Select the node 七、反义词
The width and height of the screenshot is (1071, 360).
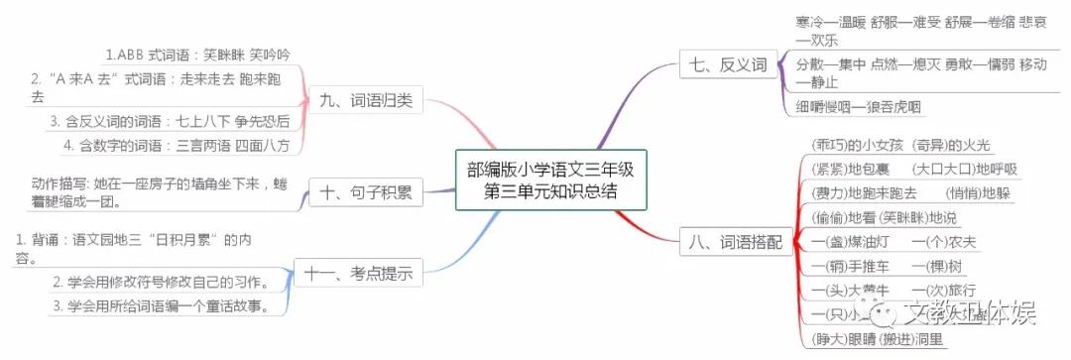click(728, 66)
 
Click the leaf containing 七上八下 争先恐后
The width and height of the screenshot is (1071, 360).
click(169, 121)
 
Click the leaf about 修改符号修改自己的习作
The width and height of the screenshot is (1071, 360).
click(159, 281)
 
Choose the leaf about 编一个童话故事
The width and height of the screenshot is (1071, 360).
click(159, 305)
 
